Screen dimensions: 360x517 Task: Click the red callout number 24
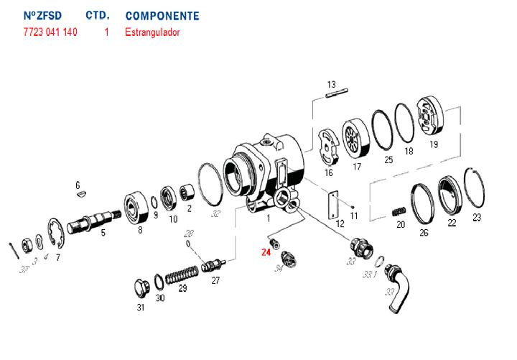coord(266,252)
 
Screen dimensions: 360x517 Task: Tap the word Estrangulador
coord(152,32)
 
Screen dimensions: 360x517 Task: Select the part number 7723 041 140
coord(50,32)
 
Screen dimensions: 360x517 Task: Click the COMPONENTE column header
coord(162,15)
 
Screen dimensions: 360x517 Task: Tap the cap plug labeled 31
coord(141,290)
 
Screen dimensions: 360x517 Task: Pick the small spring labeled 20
coord(399,211)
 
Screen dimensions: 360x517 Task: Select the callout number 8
coord(139,231)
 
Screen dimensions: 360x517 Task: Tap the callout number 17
coord(356,167)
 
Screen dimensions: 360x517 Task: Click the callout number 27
coord(215,281)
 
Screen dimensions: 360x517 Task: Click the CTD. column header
coord(97,15)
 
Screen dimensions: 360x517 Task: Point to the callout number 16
coord(328,173)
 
